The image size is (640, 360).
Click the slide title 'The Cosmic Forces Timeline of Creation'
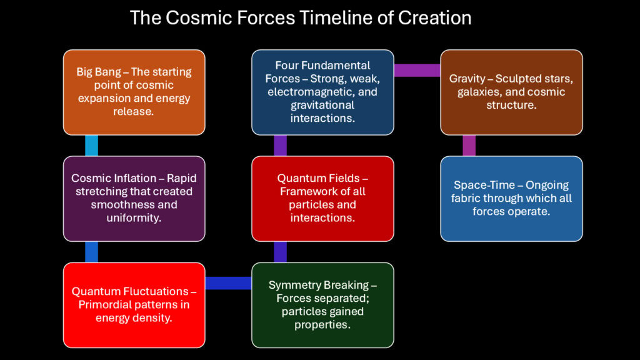301,17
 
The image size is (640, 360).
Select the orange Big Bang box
134,92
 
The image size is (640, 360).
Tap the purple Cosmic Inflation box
134,198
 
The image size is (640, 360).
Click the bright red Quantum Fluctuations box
134,304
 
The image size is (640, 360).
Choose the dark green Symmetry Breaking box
322,304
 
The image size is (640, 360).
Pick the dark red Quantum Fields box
322,198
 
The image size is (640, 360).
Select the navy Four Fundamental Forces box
322,92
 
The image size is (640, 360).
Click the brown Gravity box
511,92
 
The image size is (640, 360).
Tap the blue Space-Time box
511,198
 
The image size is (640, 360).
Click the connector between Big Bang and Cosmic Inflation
91,145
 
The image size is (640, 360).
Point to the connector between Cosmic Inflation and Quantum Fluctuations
91,251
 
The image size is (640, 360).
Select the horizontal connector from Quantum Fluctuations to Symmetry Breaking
228,283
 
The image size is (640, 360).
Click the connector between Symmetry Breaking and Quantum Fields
281,251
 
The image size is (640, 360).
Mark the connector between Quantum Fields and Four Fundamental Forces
281,145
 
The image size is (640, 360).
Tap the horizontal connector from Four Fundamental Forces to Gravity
417,70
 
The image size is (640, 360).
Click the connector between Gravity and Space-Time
469,145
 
